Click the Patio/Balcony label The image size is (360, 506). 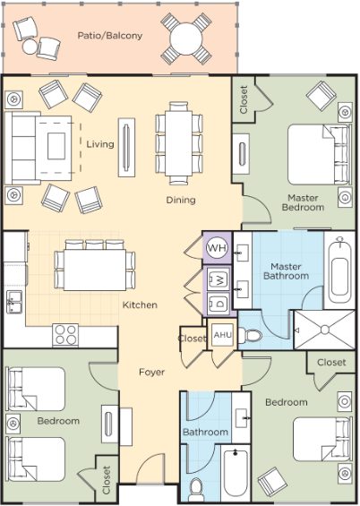pos(109,36)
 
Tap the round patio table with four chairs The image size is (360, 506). pos(186,39)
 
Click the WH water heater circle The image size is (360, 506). pos(217,248)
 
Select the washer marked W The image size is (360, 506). pos(219,279)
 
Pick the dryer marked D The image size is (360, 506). pos(219,303)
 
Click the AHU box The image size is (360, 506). pos(223,335)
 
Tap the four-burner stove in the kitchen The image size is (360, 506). pos(65,335)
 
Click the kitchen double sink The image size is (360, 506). pos(14,302)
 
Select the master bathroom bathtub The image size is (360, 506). pos(339,270)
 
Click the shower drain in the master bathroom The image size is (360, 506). pos(325,330)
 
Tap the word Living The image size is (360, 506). pos(100,144)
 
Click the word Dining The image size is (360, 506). pos(181,200)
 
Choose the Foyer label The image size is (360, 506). pos(151,372)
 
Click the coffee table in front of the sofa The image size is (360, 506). pos(56,146)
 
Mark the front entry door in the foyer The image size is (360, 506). pos(150,468)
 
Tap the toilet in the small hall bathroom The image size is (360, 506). pos(196,488)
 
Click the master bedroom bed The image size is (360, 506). pos(319,155)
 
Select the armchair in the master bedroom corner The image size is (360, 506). pos(321,95)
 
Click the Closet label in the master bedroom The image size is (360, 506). pos(244,99)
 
